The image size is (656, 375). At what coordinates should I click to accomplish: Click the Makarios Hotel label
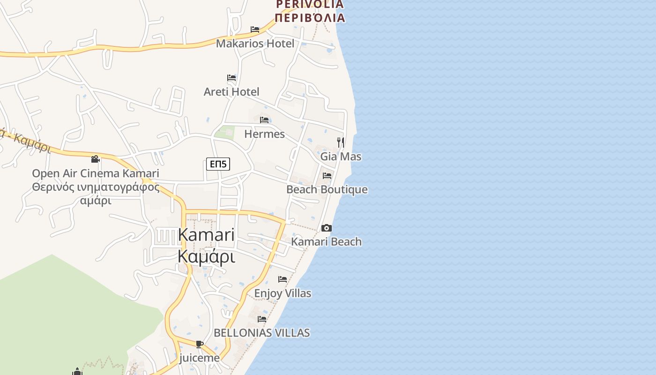tap(255, 44)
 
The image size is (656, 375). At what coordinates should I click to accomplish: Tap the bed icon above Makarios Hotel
tap(255, 29)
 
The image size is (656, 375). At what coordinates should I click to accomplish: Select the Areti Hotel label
tap(231, 91)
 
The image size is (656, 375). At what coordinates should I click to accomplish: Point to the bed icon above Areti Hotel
tap(231, 77)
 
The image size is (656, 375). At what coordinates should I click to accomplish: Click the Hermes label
tap(264, 134)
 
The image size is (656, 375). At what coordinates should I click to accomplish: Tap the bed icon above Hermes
tap(264, 120)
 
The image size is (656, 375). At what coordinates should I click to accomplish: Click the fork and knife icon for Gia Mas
tap(341, 142)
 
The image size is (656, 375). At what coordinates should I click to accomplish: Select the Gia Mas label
tap(341, 157)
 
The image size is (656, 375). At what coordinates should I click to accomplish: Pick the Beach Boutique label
tap(327, 190)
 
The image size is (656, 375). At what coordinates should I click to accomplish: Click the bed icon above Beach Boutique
tap(327, 176)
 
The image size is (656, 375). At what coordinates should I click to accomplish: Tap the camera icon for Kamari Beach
tap(327, 228)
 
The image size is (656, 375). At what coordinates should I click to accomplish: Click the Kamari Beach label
tap(327, 242)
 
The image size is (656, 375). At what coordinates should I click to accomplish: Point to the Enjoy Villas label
tap(283, 293)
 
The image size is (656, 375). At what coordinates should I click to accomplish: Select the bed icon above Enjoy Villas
tap(283, 279)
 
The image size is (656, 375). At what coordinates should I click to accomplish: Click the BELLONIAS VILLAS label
tap(261, 333)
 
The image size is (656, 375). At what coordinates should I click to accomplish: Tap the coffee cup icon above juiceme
tap(199, 345)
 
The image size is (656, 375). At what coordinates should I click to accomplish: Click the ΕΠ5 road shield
tap(218, 164)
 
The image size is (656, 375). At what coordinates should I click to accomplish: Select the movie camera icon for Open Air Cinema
tap(96, 159)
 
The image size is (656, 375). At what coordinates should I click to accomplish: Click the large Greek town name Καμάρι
tap(206, 257)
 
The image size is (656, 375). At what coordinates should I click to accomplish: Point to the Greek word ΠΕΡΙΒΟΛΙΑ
tap(310, 18)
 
